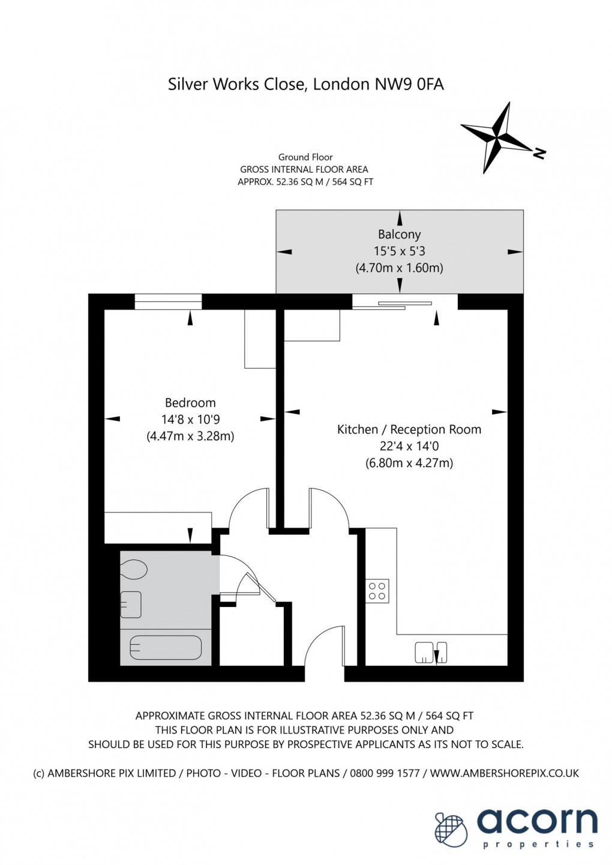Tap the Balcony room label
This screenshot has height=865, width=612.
(x=399, y=235)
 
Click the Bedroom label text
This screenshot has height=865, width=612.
(x=190, y=403)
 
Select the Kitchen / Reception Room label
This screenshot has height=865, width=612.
(x=409, y=430)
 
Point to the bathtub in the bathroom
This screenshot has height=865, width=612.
(x=166, y=648)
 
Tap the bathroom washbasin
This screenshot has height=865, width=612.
(x=131, y=604)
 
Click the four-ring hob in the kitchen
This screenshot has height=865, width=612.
(x=377, y=591)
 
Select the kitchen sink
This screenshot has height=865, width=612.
(x=430, y=653)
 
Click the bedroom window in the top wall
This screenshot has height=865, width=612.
(x=168, y=301)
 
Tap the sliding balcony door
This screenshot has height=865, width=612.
(x=392, y=305)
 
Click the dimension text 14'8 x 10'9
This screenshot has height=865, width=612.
(x=190, y=420)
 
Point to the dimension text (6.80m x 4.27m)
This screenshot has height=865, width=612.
(x=409, y=463)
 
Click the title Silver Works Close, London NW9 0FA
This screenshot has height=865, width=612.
(x=305, y=85)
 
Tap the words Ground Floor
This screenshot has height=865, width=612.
(x=305, y=157)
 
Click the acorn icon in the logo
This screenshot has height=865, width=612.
(x=451, y=828)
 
